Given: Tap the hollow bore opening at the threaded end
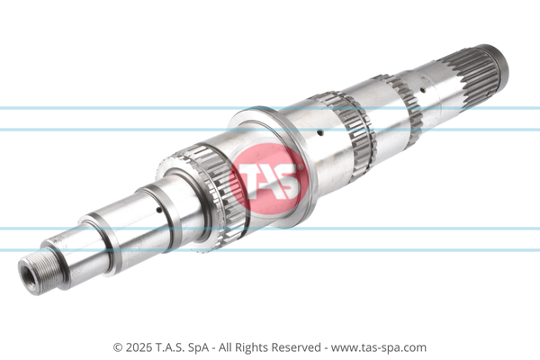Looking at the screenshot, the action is coord(28,276).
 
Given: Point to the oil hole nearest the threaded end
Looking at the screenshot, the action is coord(158,210).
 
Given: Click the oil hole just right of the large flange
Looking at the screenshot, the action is coord(320,132).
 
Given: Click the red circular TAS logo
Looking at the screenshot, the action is coord(268,178).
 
